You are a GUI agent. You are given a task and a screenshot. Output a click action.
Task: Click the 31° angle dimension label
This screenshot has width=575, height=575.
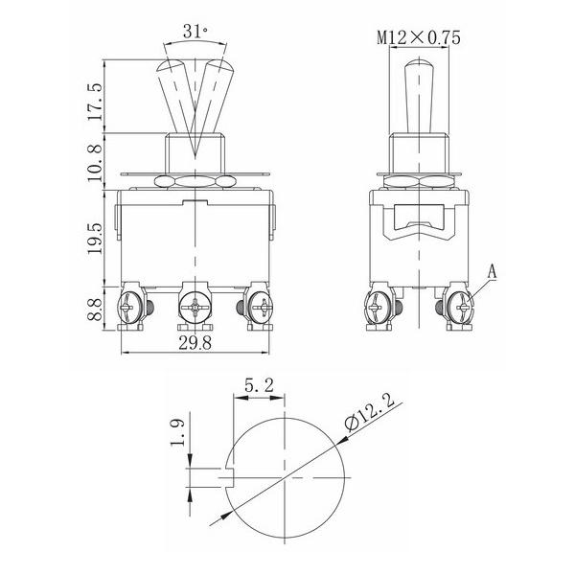pos(195,32)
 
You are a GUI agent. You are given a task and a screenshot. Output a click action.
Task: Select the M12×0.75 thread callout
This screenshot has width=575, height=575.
pos(419,37)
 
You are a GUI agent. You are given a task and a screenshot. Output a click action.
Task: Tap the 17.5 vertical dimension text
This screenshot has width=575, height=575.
pos(96,102)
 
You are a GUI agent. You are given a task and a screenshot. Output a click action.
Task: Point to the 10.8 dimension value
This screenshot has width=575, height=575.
pos(96,162)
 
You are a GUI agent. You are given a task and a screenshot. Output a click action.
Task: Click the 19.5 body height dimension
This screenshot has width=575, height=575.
pos(96,238)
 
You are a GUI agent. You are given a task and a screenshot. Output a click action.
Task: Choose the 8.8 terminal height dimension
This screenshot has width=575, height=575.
pos(96,310)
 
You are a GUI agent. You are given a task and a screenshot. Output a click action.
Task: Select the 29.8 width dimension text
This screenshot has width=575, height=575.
pos(195,343)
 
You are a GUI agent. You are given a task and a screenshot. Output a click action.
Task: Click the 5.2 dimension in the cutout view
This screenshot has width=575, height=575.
pos(259,386)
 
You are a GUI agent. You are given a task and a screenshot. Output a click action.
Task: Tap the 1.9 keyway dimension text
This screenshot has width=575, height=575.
pos(178,433)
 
